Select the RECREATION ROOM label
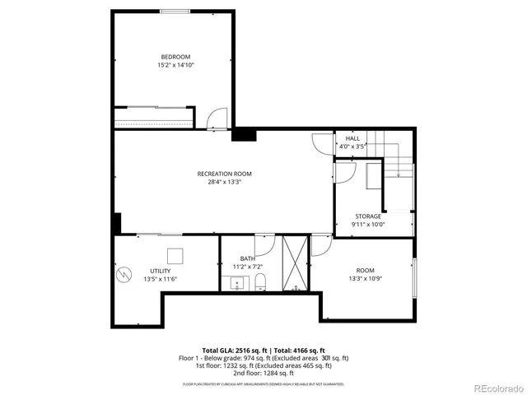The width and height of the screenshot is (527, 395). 224,174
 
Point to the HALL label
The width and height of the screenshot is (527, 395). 352,138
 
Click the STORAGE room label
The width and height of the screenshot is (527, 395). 368,216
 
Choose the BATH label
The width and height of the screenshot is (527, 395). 248,259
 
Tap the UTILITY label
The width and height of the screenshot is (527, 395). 161,271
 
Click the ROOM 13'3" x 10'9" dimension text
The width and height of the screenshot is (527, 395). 365,279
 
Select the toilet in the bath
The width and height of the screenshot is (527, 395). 261,284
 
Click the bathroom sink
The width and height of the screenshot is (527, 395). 237,285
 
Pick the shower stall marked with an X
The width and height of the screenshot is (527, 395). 294,263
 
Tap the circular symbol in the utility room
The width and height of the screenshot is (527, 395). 124,273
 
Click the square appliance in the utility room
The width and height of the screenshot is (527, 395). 175,255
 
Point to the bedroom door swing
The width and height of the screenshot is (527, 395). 216,120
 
